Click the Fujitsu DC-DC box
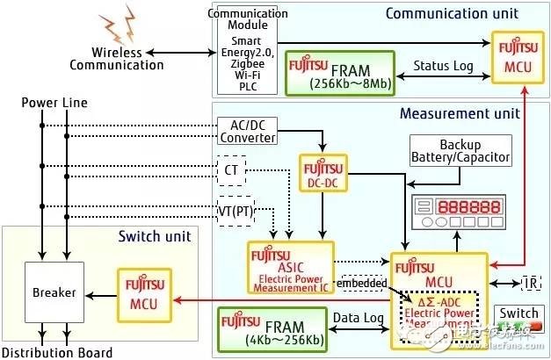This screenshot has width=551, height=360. click(323, 174)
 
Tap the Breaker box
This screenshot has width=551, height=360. click(55, 292)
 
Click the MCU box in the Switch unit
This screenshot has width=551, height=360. click(144, 294)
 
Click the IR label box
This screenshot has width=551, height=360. click(530, 283)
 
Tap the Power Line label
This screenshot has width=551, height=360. click(52, 103)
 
